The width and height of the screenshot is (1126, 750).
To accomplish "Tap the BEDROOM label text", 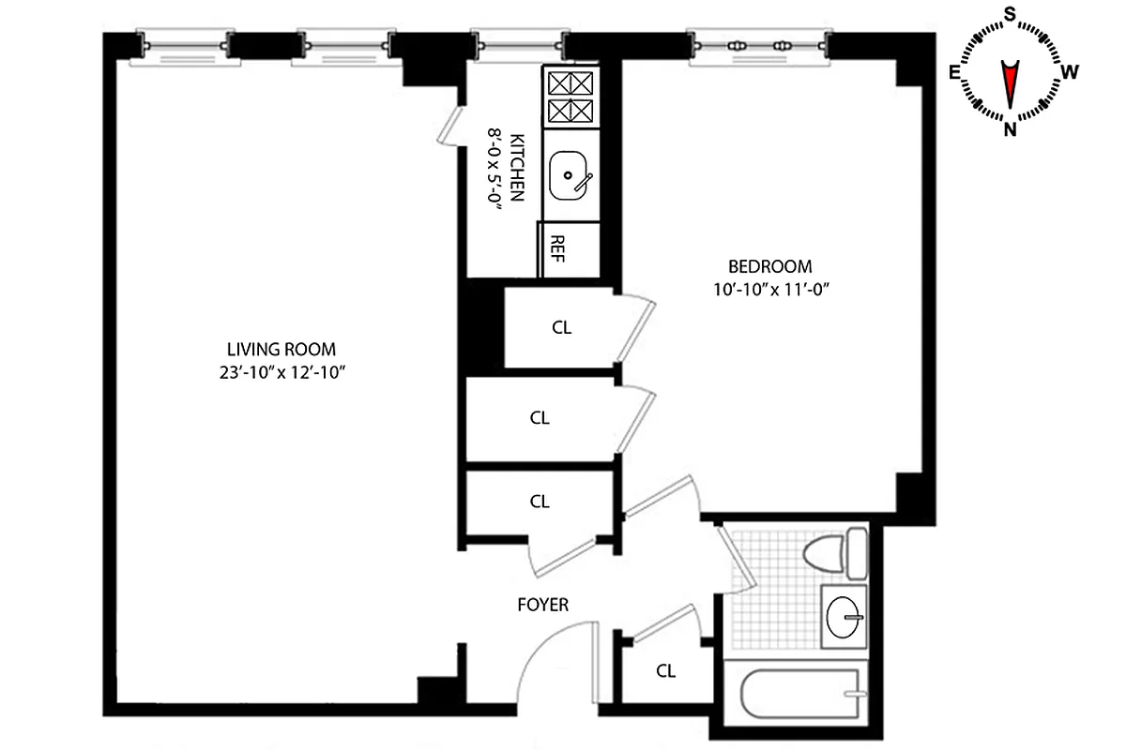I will (x=774, y=265).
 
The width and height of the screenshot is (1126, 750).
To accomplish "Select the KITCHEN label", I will (x=516, y=170).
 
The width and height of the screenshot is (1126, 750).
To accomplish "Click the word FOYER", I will (x=543, y=605).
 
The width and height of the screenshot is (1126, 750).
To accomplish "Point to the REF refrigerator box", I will (x=557, y=250).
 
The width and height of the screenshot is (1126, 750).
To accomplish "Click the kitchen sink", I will (x=569, y=176).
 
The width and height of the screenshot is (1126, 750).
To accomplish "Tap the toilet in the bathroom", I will (x=838, y=553).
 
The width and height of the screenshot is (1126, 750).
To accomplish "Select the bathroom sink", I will (x=844, y=617).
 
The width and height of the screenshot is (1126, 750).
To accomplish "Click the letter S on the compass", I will (x=1011, y=14).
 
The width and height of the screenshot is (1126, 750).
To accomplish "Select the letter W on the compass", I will (x=1070, y=71).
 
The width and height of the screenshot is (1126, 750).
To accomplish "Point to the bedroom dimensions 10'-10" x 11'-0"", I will (x=774, y=290).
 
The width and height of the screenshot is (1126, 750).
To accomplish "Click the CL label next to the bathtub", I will (x=666, y=671).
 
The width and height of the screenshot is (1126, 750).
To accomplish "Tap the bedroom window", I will (x=760, y=45).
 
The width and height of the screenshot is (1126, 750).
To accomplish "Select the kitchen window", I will (x=520, y=45).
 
